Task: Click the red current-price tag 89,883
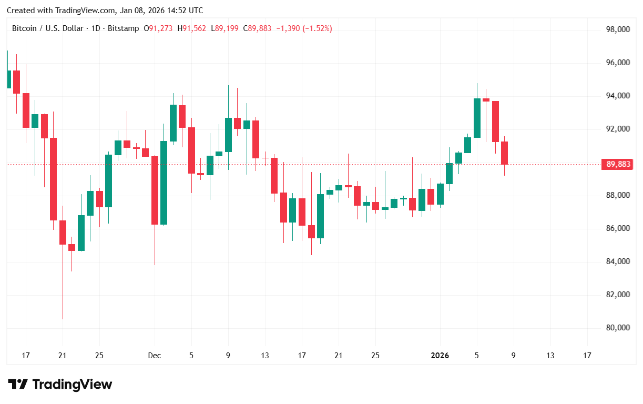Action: (618, 165)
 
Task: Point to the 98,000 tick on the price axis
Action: (618, 30)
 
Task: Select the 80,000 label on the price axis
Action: (618, 328)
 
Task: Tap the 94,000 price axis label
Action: (618, 96)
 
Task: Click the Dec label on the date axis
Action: (154, 356)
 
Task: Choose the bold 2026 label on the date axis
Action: (440, 356)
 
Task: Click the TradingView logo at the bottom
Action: (60, 385)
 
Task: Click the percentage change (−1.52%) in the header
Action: (317, 28)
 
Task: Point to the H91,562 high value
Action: (192, 28)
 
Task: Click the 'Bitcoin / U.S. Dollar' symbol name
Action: (47, 28)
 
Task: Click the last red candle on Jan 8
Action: (504, 153)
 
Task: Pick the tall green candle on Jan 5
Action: (477, 118)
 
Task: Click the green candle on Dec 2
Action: (164, 183)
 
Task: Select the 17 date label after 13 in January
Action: (587, 356)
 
